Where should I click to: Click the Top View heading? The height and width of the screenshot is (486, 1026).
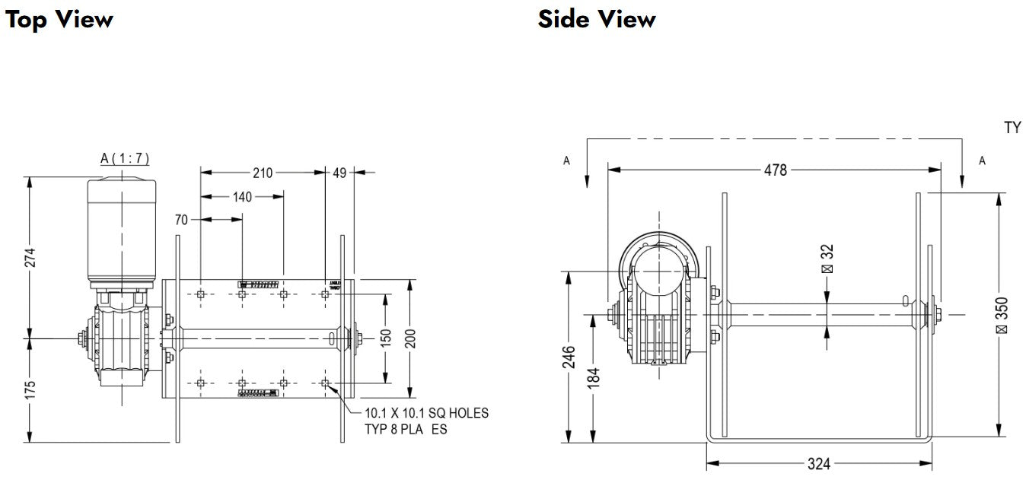[59, 19]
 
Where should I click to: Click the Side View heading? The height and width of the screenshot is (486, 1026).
[597, 19]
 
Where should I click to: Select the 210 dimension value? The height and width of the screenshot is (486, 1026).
[263, 173]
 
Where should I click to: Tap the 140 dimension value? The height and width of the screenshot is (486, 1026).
[242, 196]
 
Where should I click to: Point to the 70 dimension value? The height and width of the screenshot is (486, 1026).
[181, 220]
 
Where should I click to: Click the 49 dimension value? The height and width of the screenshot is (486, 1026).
[339, 173]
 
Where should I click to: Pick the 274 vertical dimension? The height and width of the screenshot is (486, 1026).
[31, 259]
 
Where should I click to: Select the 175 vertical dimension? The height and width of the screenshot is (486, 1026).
[31, 389]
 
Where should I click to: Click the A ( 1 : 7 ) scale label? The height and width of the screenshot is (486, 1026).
[125, 158]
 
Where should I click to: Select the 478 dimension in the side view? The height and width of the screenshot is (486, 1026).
[776, 170]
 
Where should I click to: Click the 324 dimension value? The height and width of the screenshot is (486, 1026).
[819, 463]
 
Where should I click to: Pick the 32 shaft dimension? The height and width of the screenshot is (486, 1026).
[828, 259]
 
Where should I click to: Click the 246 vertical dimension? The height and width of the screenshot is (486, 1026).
[569, 357]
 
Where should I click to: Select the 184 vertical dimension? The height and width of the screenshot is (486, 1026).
[594, 376]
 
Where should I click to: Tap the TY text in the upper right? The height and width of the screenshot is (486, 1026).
[1012, 128]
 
